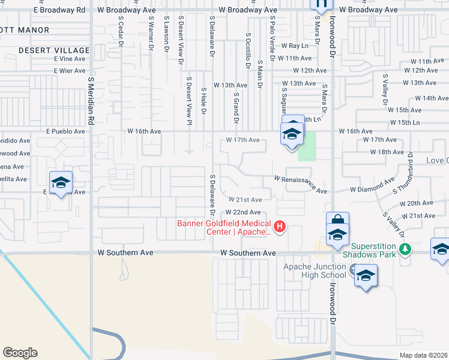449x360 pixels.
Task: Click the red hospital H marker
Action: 279,227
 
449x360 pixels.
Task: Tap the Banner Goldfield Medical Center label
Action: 224,228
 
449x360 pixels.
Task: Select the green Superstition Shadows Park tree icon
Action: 406,248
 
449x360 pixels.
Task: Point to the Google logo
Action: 20,353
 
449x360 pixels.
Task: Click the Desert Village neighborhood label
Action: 54,50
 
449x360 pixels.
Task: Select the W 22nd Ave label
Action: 243,212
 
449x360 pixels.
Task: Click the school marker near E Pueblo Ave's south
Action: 61,182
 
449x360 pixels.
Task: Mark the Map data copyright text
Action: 423,355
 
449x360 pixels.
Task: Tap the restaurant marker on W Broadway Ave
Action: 321,5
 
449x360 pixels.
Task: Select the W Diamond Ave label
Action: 373,189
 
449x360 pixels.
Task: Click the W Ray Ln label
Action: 294,46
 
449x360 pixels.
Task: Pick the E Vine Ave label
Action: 70,59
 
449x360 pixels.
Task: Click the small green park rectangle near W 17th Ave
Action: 307,145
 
